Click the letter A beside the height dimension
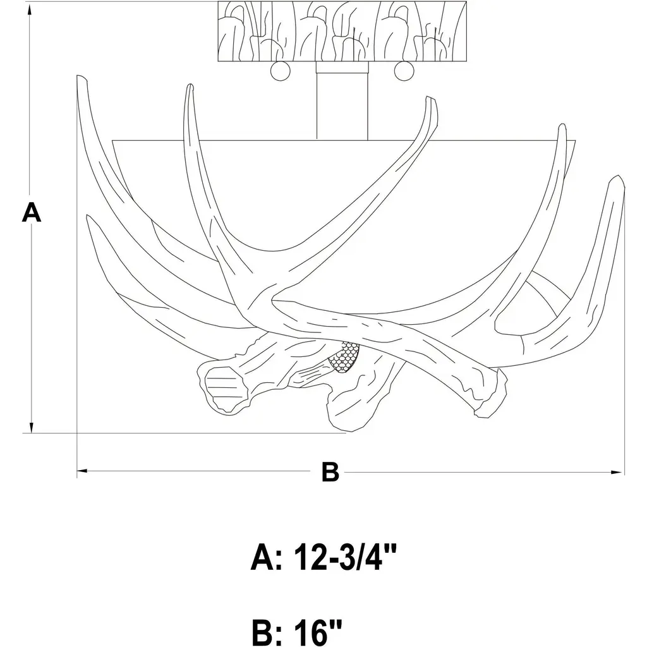tap(32, 213)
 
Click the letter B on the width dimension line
tap(330, 471)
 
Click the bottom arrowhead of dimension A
tap(30, 426)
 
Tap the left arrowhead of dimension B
tap(83, 470)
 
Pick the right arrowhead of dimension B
tap(617, 472)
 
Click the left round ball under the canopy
tap(280, 71)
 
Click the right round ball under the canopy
tap(404, 71)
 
